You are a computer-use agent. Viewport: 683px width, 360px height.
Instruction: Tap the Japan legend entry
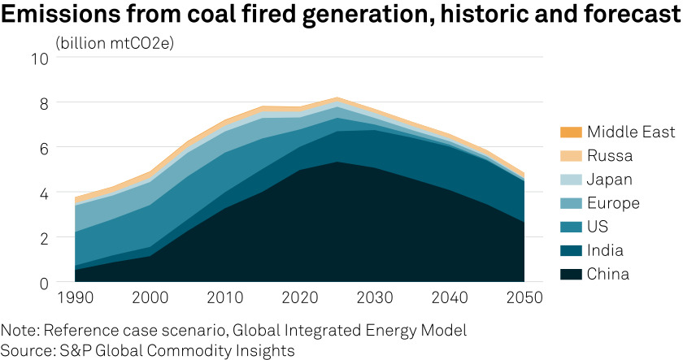pos(610,180)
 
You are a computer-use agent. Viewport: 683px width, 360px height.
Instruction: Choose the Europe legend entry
pos(613,203)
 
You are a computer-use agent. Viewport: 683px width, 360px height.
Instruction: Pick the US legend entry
pos(598,227)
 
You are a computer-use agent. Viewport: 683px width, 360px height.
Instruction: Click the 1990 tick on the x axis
pos(74,299)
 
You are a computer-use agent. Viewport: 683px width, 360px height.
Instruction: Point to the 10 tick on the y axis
pos(40,59)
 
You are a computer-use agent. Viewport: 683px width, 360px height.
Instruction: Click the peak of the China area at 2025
pos(337,163)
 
